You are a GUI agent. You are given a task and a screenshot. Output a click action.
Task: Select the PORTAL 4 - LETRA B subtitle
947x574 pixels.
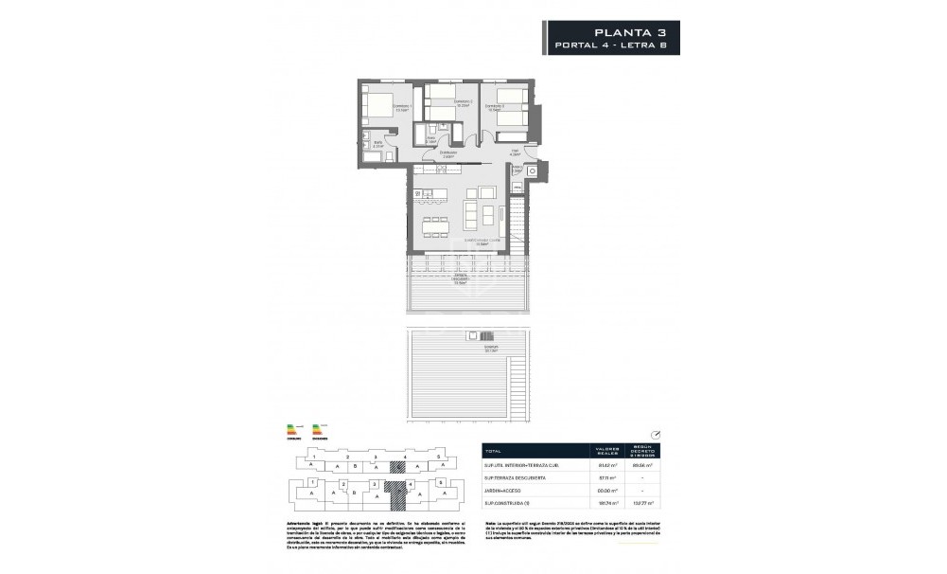coord(612,45)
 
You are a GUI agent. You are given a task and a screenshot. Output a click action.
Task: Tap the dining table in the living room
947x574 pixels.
coord(434,225)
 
